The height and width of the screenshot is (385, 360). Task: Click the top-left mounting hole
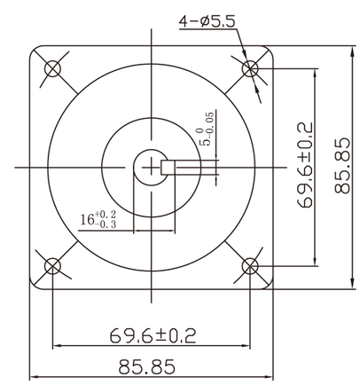coord(53,67)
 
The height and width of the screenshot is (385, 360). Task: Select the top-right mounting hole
coord(251,67)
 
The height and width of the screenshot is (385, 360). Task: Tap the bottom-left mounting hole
coord(53,265)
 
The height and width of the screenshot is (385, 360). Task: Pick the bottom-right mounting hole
coord(251,265)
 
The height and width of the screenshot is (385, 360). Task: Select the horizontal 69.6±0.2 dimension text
coord(153,334)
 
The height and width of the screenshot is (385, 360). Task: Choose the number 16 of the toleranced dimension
coord(88,219)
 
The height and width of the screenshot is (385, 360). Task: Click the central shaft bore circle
coord(151,166)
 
